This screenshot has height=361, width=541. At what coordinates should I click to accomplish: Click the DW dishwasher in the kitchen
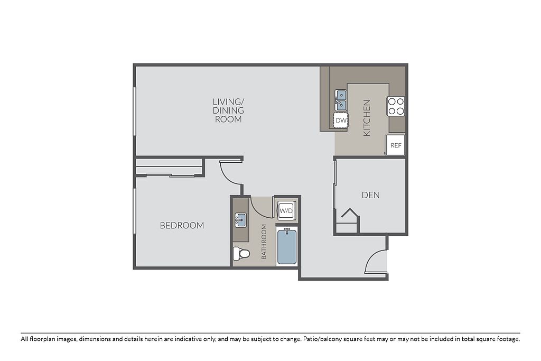pyautogui.click(x=341, y=121)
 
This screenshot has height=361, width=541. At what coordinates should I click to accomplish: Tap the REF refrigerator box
pyautogui.click(x=395, y=145)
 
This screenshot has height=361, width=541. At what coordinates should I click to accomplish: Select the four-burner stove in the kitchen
pyautogui.click(x=396, y=106)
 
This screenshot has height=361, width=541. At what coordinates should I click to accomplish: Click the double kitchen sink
pyautogui.click(x=341, y=100)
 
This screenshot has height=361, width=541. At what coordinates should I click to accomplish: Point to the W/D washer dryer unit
pyautogui.click(x=286, y=210)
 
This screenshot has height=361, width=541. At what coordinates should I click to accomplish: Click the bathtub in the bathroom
pyautogui.click(x=287, y=246)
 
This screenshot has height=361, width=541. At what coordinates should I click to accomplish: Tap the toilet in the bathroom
pyautogui.click(x=241, y=254)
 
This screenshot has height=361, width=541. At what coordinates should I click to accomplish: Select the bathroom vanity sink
pyautogui.click(x=241, y=220)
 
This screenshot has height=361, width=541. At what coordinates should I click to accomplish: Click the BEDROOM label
pyautogui.click(x=182, y=225)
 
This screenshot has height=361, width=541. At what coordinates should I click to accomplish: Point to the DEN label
pyautogui.click(x=370, y=195)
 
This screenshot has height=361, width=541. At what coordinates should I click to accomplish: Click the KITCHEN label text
pyautogui.click(x=367, y=118)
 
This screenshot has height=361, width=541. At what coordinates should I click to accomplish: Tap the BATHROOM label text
pyautogui.click(x=264, y=242)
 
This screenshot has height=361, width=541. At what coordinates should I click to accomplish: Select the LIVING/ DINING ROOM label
pyautogui.click(x=228, y=110)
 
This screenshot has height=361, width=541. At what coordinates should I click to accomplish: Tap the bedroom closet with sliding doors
pyautogui.click(x=169, y=167)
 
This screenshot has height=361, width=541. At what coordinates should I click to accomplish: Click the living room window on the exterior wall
pyautogui.click(x=135, y=111)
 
